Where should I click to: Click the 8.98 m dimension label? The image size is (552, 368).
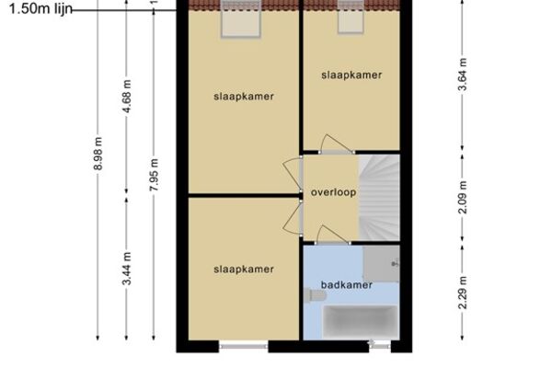pyautogui.click(x=98, y=154)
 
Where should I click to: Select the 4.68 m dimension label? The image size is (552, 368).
pyautogui.click(x=127, y=96)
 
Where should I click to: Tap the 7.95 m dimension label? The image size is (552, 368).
pyautogui.click(x=154, y=175)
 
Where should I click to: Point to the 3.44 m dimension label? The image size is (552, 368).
pyautogui.click(x=127, y=269)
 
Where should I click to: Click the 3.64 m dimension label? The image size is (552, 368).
pyautogui.click(x=463, y=75)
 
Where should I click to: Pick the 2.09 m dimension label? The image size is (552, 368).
pyautogui.click(x=463, y=197)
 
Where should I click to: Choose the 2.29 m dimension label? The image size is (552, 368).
pyautogui.click(x=463, y=293)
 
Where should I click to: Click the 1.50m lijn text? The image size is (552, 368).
pyautogui.click(x=40, y=8)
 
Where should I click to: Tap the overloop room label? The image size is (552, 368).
pyautogui.click(x=333, y=192)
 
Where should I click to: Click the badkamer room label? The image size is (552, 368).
pyautogui.click(x=347, y=284)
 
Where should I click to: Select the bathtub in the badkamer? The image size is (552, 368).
pyautogui.click(x=361, y=322)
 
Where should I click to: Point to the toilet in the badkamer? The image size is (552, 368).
pyautogui.click(x=315, y=295)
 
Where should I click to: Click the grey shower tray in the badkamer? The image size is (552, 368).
pyautogui.click(x=381, y=264)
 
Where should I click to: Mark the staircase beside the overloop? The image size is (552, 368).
pyautogui.click(x=379, y=198)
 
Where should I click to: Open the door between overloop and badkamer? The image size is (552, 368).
pyautogui.click(x=332, y=236)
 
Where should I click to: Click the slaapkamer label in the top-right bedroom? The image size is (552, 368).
pyautogui.click(x=351, y=75)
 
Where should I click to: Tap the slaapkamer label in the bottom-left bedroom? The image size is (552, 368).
pyautogui.click(x=244, y=269)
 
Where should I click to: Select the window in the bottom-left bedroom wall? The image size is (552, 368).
pyautogui.click(x=244, y=347)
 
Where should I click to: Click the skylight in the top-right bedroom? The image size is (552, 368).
pyautogui.click(x=351, y=17)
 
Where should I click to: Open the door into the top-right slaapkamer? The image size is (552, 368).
pyautogui.click(x=337, y=144)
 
